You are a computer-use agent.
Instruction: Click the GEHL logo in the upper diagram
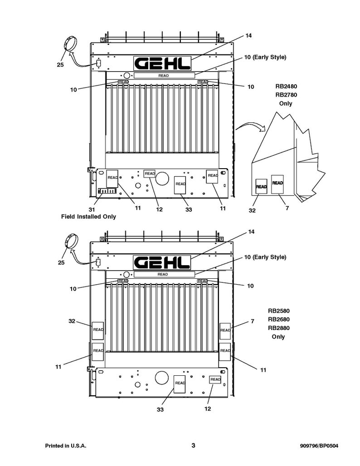pyautogui.click(x=162, y=64)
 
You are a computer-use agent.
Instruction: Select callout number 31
pyautogui.click(x=92, y=210)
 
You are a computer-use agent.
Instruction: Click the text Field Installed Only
pyautogui.click(x=88, y=217)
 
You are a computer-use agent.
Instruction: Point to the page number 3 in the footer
pyautogui.click(x=193, y=446)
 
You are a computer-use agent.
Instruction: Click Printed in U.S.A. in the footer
pyautogui.click(x=65, y=446)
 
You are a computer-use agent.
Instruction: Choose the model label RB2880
pyautogui.click(x=278, y=328)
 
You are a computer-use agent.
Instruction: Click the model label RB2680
pyautogui.click(x=278, y=320)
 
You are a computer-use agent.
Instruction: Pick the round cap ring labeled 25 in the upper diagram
pyautogui.click(x=70, y=44)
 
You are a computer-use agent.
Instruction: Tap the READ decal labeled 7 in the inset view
pyautogui.click(x=277, y=184)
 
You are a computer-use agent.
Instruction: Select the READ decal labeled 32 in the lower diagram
pyautogui.click(x=98, y=330)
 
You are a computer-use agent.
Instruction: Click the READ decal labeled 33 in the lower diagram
pyautogui.click(x=180, y=383)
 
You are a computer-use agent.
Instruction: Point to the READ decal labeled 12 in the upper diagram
pyautogui.click(x=150, y=174)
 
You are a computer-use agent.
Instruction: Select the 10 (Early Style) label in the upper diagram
pyautogui.click(x=265, y=58)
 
